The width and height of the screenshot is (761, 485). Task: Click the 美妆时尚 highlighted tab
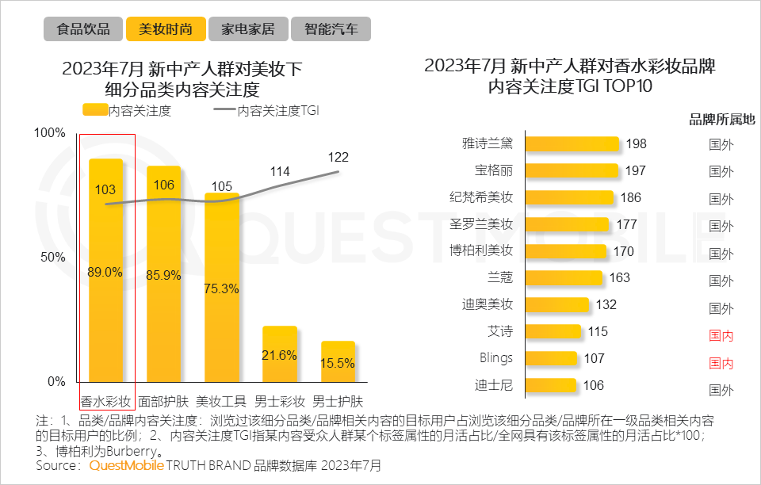point(166,29)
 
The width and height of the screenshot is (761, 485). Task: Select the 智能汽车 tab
point(331,29)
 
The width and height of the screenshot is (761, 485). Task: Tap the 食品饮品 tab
point(83,29)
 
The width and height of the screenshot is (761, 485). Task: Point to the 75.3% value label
point(221,288)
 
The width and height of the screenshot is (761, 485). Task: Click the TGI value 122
point(338,158)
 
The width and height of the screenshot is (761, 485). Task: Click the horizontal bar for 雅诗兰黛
point(572,143)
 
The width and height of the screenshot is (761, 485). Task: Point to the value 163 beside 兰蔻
point(620,277)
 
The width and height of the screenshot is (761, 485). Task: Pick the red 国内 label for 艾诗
point(721,335)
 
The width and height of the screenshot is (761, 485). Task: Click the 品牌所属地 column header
point(721,120)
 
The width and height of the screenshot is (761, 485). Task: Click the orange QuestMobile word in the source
point(127,465)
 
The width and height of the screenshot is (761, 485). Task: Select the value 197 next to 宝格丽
point(635,170)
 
